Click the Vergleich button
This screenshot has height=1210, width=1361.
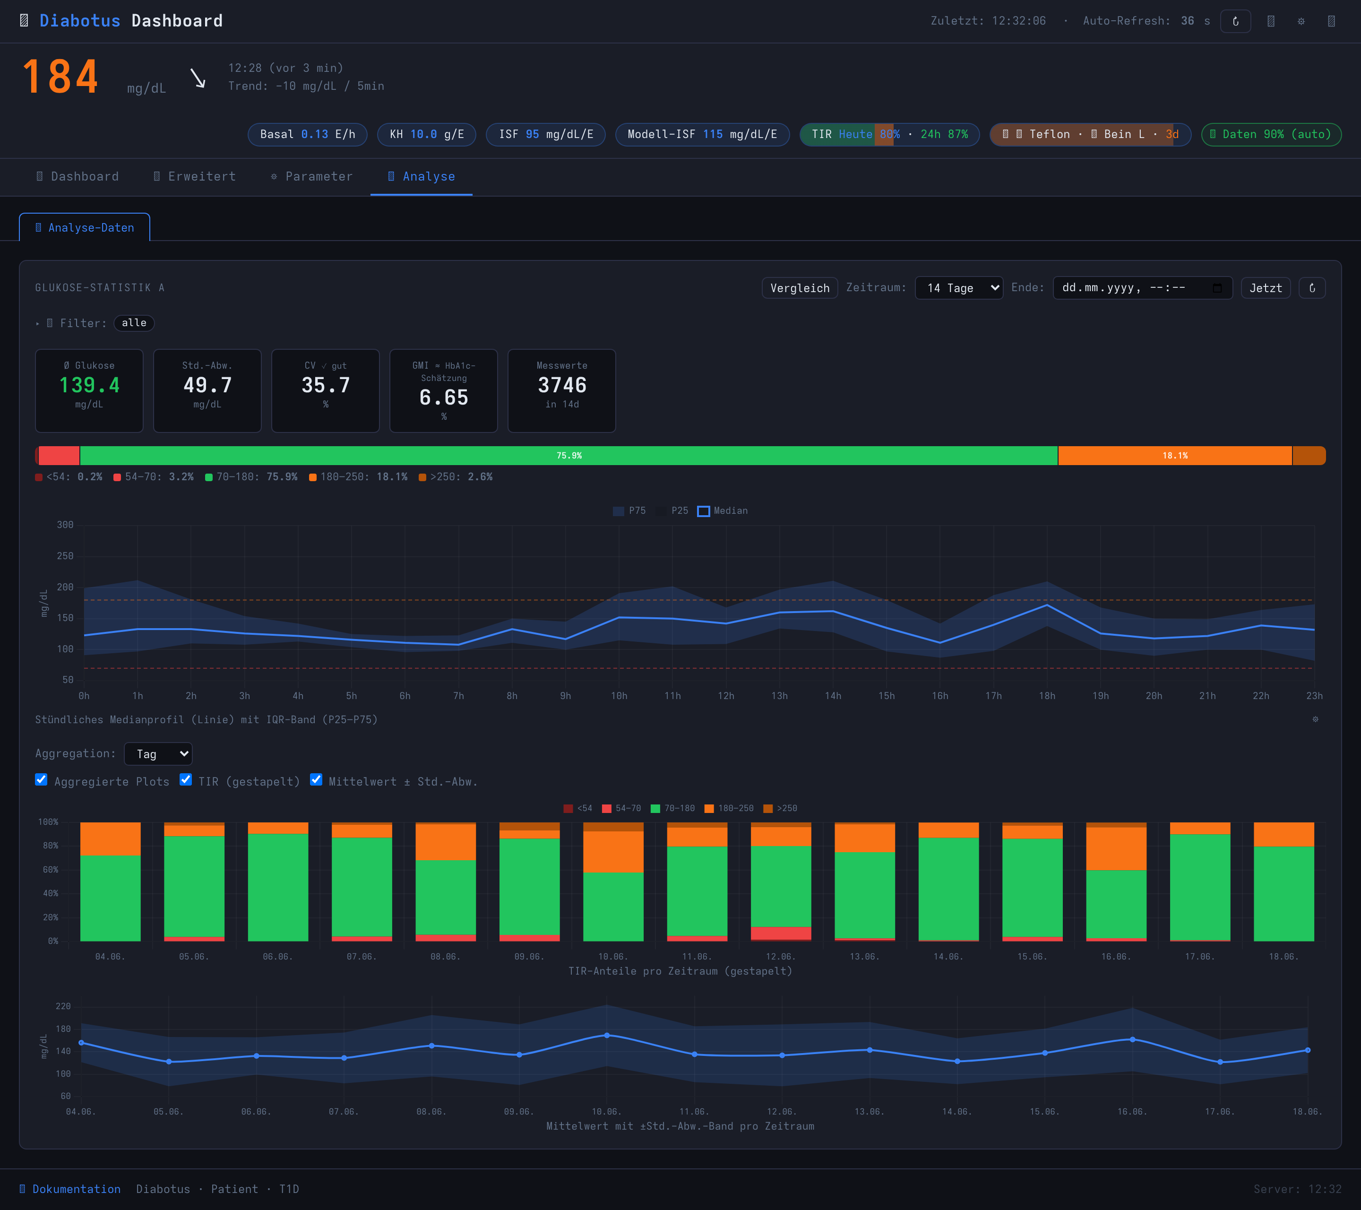point(800,288)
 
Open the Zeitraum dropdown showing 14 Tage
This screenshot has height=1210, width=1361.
point(959,288)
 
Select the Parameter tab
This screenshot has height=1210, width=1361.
point(311,176)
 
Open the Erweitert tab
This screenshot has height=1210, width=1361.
point(194,176)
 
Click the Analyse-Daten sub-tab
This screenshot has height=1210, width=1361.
point(85,228)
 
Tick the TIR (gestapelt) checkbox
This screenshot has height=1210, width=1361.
point(186,780)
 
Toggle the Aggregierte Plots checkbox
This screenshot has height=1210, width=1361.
point(41,780)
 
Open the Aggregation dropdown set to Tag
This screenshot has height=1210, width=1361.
point(158,754)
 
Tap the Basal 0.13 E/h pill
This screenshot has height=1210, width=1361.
point(308,135)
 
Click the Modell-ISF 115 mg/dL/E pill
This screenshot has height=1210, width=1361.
point(702,135)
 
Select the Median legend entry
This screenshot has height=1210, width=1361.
point(723,511)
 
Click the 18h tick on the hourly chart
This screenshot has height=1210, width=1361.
point(1047,696)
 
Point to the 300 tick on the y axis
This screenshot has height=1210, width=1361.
point(65,525)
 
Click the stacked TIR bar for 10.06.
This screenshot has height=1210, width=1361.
point(613,882)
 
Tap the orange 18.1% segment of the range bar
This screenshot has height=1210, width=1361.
point(1175,456)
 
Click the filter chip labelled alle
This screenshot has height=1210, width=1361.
point(134,323)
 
